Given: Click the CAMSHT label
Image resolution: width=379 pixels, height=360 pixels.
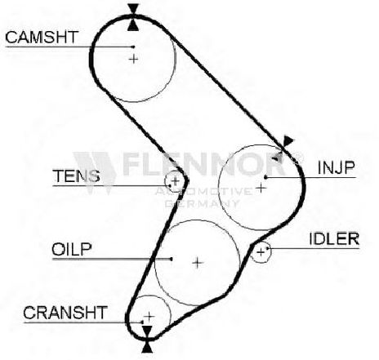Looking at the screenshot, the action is [x=42, y=38].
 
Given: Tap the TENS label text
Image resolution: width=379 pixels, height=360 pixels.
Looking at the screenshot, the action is [x=77, y=176].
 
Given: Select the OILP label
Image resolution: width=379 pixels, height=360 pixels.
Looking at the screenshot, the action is [x=72, y=249].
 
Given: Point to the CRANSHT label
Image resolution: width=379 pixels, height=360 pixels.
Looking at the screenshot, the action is [x=65, y=313].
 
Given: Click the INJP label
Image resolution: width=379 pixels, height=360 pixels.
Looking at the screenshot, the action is [x=337, y=167].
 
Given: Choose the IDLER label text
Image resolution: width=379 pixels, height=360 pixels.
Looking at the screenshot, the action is [x=334, y=238].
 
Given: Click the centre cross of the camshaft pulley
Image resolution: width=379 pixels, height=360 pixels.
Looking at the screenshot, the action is [x=133, y=59].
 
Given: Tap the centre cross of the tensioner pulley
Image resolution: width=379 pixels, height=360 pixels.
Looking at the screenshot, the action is [x=176, y=181].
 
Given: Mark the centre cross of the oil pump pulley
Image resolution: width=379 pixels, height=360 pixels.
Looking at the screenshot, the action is [x=198, y=263].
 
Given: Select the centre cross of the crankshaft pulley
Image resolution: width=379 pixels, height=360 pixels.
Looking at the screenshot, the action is [x=149, y=316].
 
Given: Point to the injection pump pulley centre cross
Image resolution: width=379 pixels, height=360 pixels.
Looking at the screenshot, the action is [x=261, y=188].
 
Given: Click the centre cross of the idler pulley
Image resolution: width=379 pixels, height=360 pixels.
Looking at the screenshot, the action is [x=261, y=252].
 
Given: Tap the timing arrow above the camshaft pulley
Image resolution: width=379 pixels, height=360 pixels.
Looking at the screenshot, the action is [x=133, y=9].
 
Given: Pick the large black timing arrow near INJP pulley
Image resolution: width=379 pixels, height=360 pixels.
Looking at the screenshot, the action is [x=288, y=141].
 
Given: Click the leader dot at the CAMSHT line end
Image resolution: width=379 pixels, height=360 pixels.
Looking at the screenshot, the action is [x=133, y=47].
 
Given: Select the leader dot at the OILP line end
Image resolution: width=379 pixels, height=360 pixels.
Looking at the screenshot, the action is [x=171, y=259].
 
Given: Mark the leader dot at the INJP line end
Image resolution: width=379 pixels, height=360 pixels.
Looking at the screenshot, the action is [x=266, y=177].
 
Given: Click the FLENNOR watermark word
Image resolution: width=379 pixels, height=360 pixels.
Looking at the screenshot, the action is [x=204, y=164].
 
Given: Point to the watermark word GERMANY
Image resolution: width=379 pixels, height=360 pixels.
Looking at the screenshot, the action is [x=202, y=203].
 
